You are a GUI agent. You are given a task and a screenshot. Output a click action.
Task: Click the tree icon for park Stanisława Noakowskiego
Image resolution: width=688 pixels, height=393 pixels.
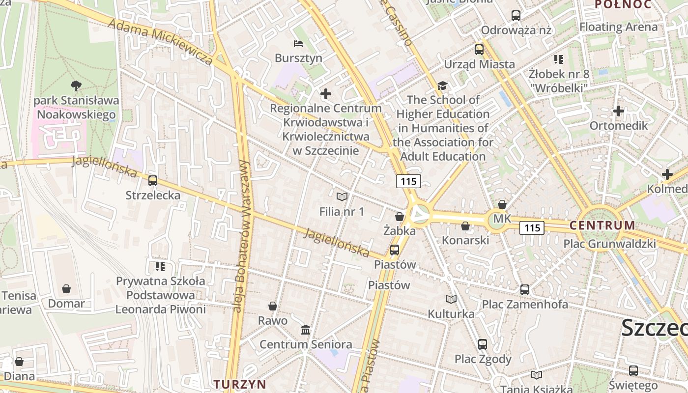pyautogui.click(x=76, y=86)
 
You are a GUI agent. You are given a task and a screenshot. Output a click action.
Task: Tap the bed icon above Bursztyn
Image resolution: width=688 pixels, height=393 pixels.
pyautogui.click(x=298, y=44)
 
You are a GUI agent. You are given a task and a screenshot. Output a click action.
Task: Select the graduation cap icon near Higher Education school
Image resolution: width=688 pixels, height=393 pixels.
pyautogui.click(x=443, y=86)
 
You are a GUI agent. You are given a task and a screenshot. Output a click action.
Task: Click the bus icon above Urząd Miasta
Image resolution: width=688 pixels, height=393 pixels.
pyautogui.click(x=479, y=50)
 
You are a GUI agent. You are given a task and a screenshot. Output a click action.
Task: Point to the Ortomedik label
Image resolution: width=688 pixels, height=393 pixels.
pyautogui.click(x=619, y=125)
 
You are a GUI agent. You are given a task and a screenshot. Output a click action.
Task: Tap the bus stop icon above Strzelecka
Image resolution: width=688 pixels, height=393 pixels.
pyautogui.click(x=153, y=181)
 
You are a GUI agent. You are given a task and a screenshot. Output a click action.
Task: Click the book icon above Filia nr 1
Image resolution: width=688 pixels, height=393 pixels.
pyautogui.click(x=342, y=197)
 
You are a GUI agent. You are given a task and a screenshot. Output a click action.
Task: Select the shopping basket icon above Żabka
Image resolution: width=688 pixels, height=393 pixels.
pyautogui.click(x=400, y=217)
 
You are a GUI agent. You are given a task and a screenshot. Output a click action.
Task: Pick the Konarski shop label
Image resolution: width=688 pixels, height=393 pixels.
pyautogui.click(x=465, y=240)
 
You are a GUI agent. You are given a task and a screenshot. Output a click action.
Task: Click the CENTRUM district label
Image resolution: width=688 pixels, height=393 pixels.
pyautogui.click(x=602, y=225)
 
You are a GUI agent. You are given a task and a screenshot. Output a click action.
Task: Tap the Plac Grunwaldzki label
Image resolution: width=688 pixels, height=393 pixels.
pyautogui.click(x=609, y=244)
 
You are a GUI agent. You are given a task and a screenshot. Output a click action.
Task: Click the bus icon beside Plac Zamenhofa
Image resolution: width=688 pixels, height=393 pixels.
pyautogui.click(x=525, y=290)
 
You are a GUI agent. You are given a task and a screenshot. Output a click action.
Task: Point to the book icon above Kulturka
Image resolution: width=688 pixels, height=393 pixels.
pyautogui.click(x=451, y=299)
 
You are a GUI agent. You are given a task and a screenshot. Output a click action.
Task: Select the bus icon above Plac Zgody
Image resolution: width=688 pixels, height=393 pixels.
pyautogui.click(x=483, y=344)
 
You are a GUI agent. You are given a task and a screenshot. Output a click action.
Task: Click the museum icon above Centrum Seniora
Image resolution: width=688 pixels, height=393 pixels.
pyautogui.click(x=306, y=330)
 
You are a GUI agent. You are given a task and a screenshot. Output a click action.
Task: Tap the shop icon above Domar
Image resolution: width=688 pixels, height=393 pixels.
pyautogui.click(x=66, y=289)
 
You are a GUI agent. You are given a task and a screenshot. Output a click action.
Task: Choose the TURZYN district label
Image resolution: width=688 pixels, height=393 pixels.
pyautogui.click(x=240, y=384)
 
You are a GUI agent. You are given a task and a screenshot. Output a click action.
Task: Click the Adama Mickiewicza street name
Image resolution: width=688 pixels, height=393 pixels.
pyautogui.click(x=160, y=42)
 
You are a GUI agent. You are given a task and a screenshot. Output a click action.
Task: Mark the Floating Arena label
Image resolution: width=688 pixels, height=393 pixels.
pyautogui.click(x=618, y=27)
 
